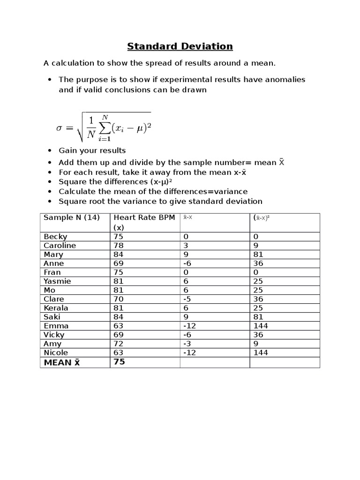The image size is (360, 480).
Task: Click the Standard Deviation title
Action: coord(180,46)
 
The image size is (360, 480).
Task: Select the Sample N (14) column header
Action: coord(71,217)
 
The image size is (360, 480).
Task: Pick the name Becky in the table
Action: coord(55,237)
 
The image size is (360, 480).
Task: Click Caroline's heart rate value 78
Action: coord(118,246)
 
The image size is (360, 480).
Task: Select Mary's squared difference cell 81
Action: coord(258,255)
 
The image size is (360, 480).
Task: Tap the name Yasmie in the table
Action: coord(57,281)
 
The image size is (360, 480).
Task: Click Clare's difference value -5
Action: coord(188,299)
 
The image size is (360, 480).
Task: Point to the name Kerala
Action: coord(56,308)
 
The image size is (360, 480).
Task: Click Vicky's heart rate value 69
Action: coord(118,335)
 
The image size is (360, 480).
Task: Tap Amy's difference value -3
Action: coord(188,344)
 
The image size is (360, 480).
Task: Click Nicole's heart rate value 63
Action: coord(118,352)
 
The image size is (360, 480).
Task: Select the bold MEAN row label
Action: coord(62,362)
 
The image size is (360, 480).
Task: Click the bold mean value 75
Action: coord(119,362)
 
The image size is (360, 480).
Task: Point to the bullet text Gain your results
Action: coord(92,150)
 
